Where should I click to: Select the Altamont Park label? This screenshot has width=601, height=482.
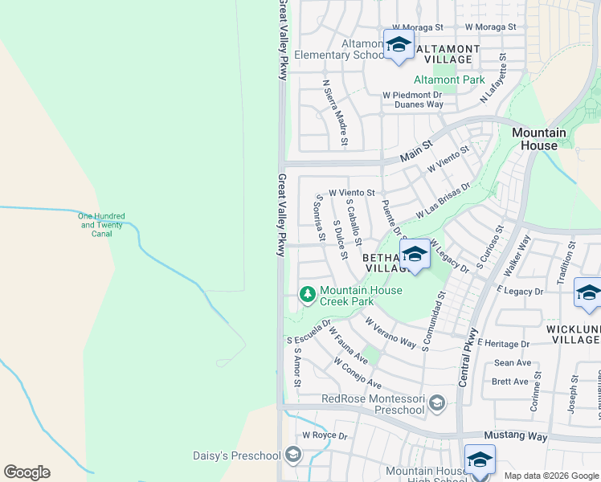449,80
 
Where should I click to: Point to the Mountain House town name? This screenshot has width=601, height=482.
539,139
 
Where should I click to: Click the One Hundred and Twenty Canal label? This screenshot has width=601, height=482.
100,225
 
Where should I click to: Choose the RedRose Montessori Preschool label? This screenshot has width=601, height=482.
372,404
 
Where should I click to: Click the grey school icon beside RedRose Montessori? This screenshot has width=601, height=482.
437,402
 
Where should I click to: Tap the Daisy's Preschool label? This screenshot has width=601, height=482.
236,455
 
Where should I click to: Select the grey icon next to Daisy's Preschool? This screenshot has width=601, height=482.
293,455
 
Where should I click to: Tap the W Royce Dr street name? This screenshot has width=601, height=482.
325,436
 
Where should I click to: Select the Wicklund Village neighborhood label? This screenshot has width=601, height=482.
573,334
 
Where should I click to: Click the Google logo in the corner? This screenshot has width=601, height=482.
27,472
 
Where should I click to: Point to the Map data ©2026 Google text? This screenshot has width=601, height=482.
550,476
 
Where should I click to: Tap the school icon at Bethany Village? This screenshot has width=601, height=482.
415,255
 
